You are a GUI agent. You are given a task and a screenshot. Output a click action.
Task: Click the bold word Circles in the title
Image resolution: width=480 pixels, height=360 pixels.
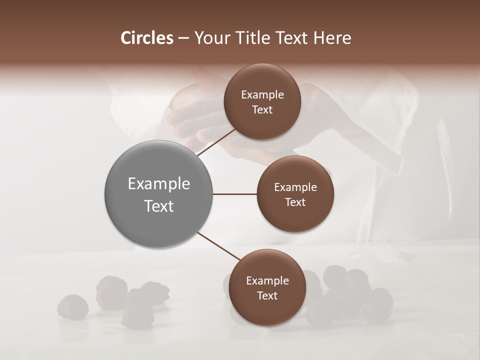pos(146,38)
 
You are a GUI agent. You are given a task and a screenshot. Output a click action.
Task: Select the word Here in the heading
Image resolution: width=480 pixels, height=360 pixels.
pos(333,38)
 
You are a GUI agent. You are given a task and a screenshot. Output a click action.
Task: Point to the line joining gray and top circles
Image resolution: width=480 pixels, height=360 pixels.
pos(216,142)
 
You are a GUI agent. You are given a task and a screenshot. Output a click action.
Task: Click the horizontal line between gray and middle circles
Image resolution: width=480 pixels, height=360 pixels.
pos(234,194)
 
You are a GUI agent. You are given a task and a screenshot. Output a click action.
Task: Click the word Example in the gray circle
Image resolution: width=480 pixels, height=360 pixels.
pos(158,183)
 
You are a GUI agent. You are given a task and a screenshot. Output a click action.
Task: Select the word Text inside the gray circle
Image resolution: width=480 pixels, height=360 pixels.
pos(158,206)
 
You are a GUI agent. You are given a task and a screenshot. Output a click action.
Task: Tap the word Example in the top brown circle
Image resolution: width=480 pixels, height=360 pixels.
pos(262,94)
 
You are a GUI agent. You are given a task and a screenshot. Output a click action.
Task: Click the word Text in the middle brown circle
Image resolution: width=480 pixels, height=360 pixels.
pos(295,202)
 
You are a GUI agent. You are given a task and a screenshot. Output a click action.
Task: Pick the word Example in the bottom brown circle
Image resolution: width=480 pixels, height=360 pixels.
pos(267,280)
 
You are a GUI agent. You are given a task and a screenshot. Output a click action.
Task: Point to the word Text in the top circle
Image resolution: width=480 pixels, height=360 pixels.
pos(262,109)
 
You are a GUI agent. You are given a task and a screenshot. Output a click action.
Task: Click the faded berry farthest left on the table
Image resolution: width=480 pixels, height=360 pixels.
pos(73,306)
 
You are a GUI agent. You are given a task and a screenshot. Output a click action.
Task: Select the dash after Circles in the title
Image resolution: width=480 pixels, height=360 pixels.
pos(183,38)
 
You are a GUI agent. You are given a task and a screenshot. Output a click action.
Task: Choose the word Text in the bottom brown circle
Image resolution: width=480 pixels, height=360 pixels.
pos(267,295)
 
